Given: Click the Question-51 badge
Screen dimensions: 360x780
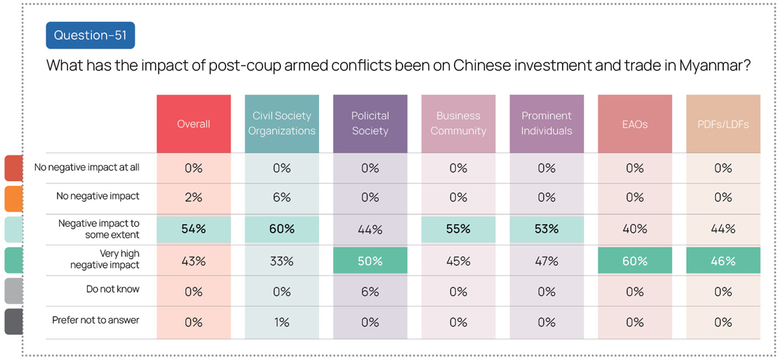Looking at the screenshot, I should point(90,35).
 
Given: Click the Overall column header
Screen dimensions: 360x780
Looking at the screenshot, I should point(193,124).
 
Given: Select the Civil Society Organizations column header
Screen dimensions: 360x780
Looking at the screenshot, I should point(282,124).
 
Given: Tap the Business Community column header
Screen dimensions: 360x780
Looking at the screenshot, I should point(458,124).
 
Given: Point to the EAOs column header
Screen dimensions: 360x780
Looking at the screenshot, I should point(635,124).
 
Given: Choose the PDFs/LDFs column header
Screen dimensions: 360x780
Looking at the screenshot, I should point(722,124).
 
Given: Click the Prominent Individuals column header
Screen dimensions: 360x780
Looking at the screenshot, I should point(547,124).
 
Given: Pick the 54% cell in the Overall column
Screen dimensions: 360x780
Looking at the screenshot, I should point(193,229).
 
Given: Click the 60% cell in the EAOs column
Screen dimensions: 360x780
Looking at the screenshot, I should point(635,261).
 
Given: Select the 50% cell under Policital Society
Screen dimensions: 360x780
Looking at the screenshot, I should point(370,261).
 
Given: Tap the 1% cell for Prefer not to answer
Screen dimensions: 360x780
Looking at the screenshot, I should point(282,322).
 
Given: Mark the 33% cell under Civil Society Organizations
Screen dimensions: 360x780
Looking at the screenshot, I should point(282,261).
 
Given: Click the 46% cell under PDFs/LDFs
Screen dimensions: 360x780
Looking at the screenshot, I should point(722,261).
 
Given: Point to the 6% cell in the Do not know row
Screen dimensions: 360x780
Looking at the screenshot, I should point(370,291).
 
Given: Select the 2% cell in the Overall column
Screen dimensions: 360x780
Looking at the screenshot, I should point(193,198).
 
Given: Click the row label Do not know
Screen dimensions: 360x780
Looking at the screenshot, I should point(112,289).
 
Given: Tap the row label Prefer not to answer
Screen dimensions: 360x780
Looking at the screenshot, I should point(96,320).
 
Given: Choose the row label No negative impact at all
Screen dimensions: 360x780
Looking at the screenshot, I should point(87,167).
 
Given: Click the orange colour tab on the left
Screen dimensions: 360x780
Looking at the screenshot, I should point(13,199).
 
